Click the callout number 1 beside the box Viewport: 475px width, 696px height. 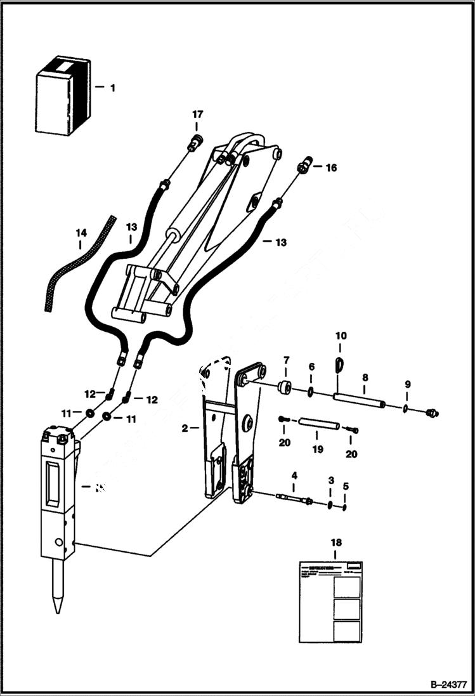coord(113,88)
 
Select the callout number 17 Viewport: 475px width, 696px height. coord(198,115)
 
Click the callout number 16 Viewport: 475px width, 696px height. coord(331,168)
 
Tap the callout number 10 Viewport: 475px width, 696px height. coord(341,335)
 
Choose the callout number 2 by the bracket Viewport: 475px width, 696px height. coord(185,429)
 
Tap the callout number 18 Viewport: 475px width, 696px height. coord(335,543)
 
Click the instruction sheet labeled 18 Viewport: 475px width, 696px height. coord(330,600)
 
